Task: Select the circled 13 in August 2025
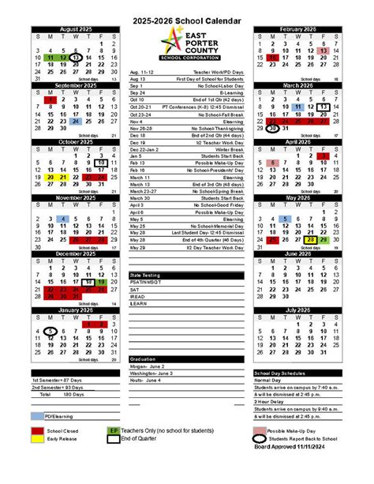[75, 58]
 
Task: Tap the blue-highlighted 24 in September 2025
[75, 122]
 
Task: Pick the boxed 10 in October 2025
[101, 163]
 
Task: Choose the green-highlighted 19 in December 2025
[101, 282]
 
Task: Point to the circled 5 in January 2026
[50, 332]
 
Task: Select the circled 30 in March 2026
[272, 129]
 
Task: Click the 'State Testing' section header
[145, 275]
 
